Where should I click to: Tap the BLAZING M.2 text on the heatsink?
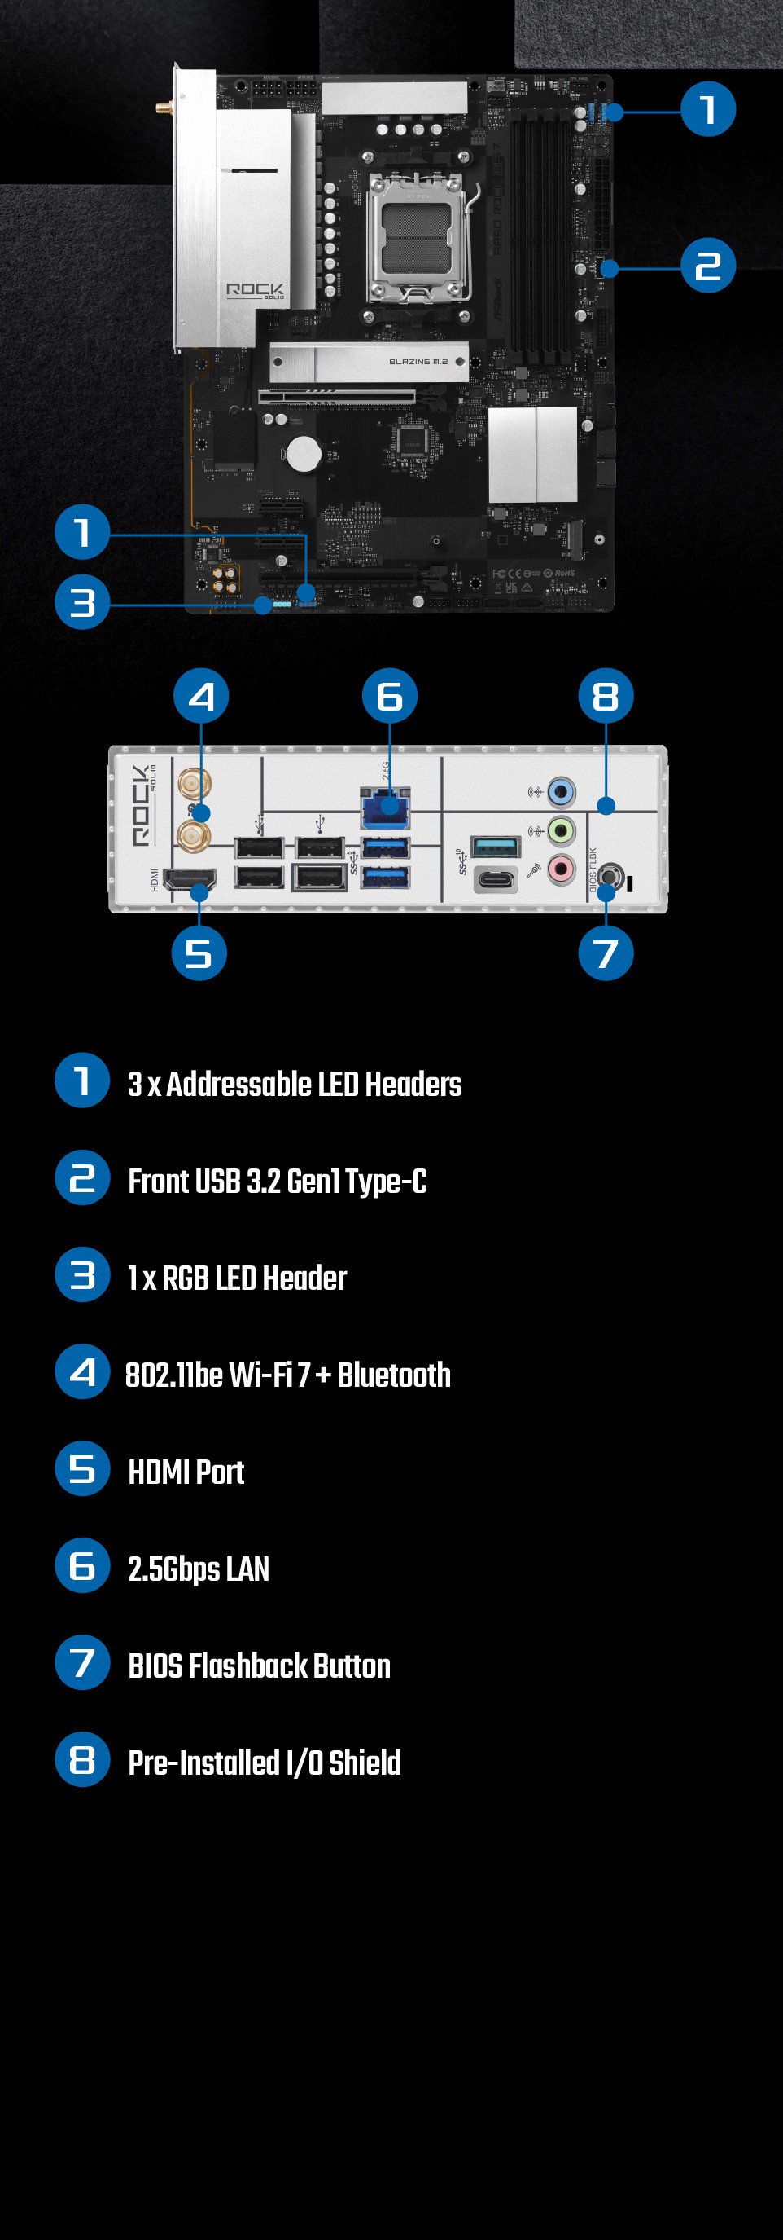click(x=418, y=361)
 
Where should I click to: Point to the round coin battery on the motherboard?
click(x=304, y=452)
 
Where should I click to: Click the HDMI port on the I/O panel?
click(x=189, y=880)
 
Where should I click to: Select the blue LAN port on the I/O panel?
click(x=384, y=808)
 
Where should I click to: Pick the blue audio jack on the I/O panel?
click(x=562, y=792)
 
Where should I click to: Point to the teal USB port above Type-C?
click(x=496, y=845)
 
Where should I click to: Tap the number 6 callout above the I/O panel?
click(x=389, y=696)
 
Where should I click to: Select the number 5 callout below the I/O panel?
click(x=199, y=953)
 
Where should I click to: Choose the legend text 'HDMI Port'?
click(x=186, y=1472)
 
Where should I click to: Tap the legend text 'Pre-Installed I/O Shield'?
click(x=265, y=1763)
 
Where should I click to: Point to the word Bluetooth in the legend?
click(x=394, y=1375)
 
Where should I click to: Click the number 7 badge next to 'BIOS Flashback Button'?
click(x=82, y=1662)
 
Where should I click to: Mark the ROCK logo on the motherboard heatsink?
click(x=255, y=290)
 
